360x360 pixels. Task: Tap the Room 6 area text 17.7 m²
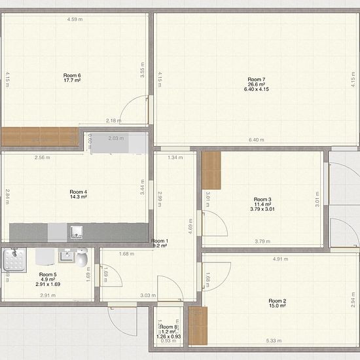click(x=72, y=81)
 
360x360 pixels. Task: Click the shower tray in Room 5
click(x=12, y=260)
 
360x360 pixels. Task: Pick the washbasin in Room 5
click(x=65, y=255)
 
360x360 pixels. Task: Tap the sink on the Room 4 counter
click(x=77, y=231)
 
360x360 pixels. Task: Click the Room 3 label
click(x=262, y=199)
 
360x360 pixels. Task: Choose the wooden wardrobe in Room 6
click(x=39, y=136)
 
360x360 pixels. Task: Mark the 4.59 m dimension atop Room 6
click(x=75, y=19)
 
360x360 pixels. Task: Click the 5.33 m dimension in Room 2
click(x=274, y=340)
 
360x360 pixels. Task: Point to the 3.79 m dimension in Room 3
click(x=262, y=242)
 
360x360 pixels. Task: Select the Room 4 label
click(x=79, y=192)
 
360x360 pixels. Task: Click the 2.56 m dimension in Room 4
click(x=43, y=158)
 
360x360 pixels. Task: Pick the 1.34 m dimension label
click(x=175, y=158)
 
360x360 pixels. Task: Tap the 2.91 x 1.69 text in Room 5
click(x=48, y=285)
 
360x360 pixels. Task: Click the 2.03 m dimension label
click(x=116, y=138)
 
